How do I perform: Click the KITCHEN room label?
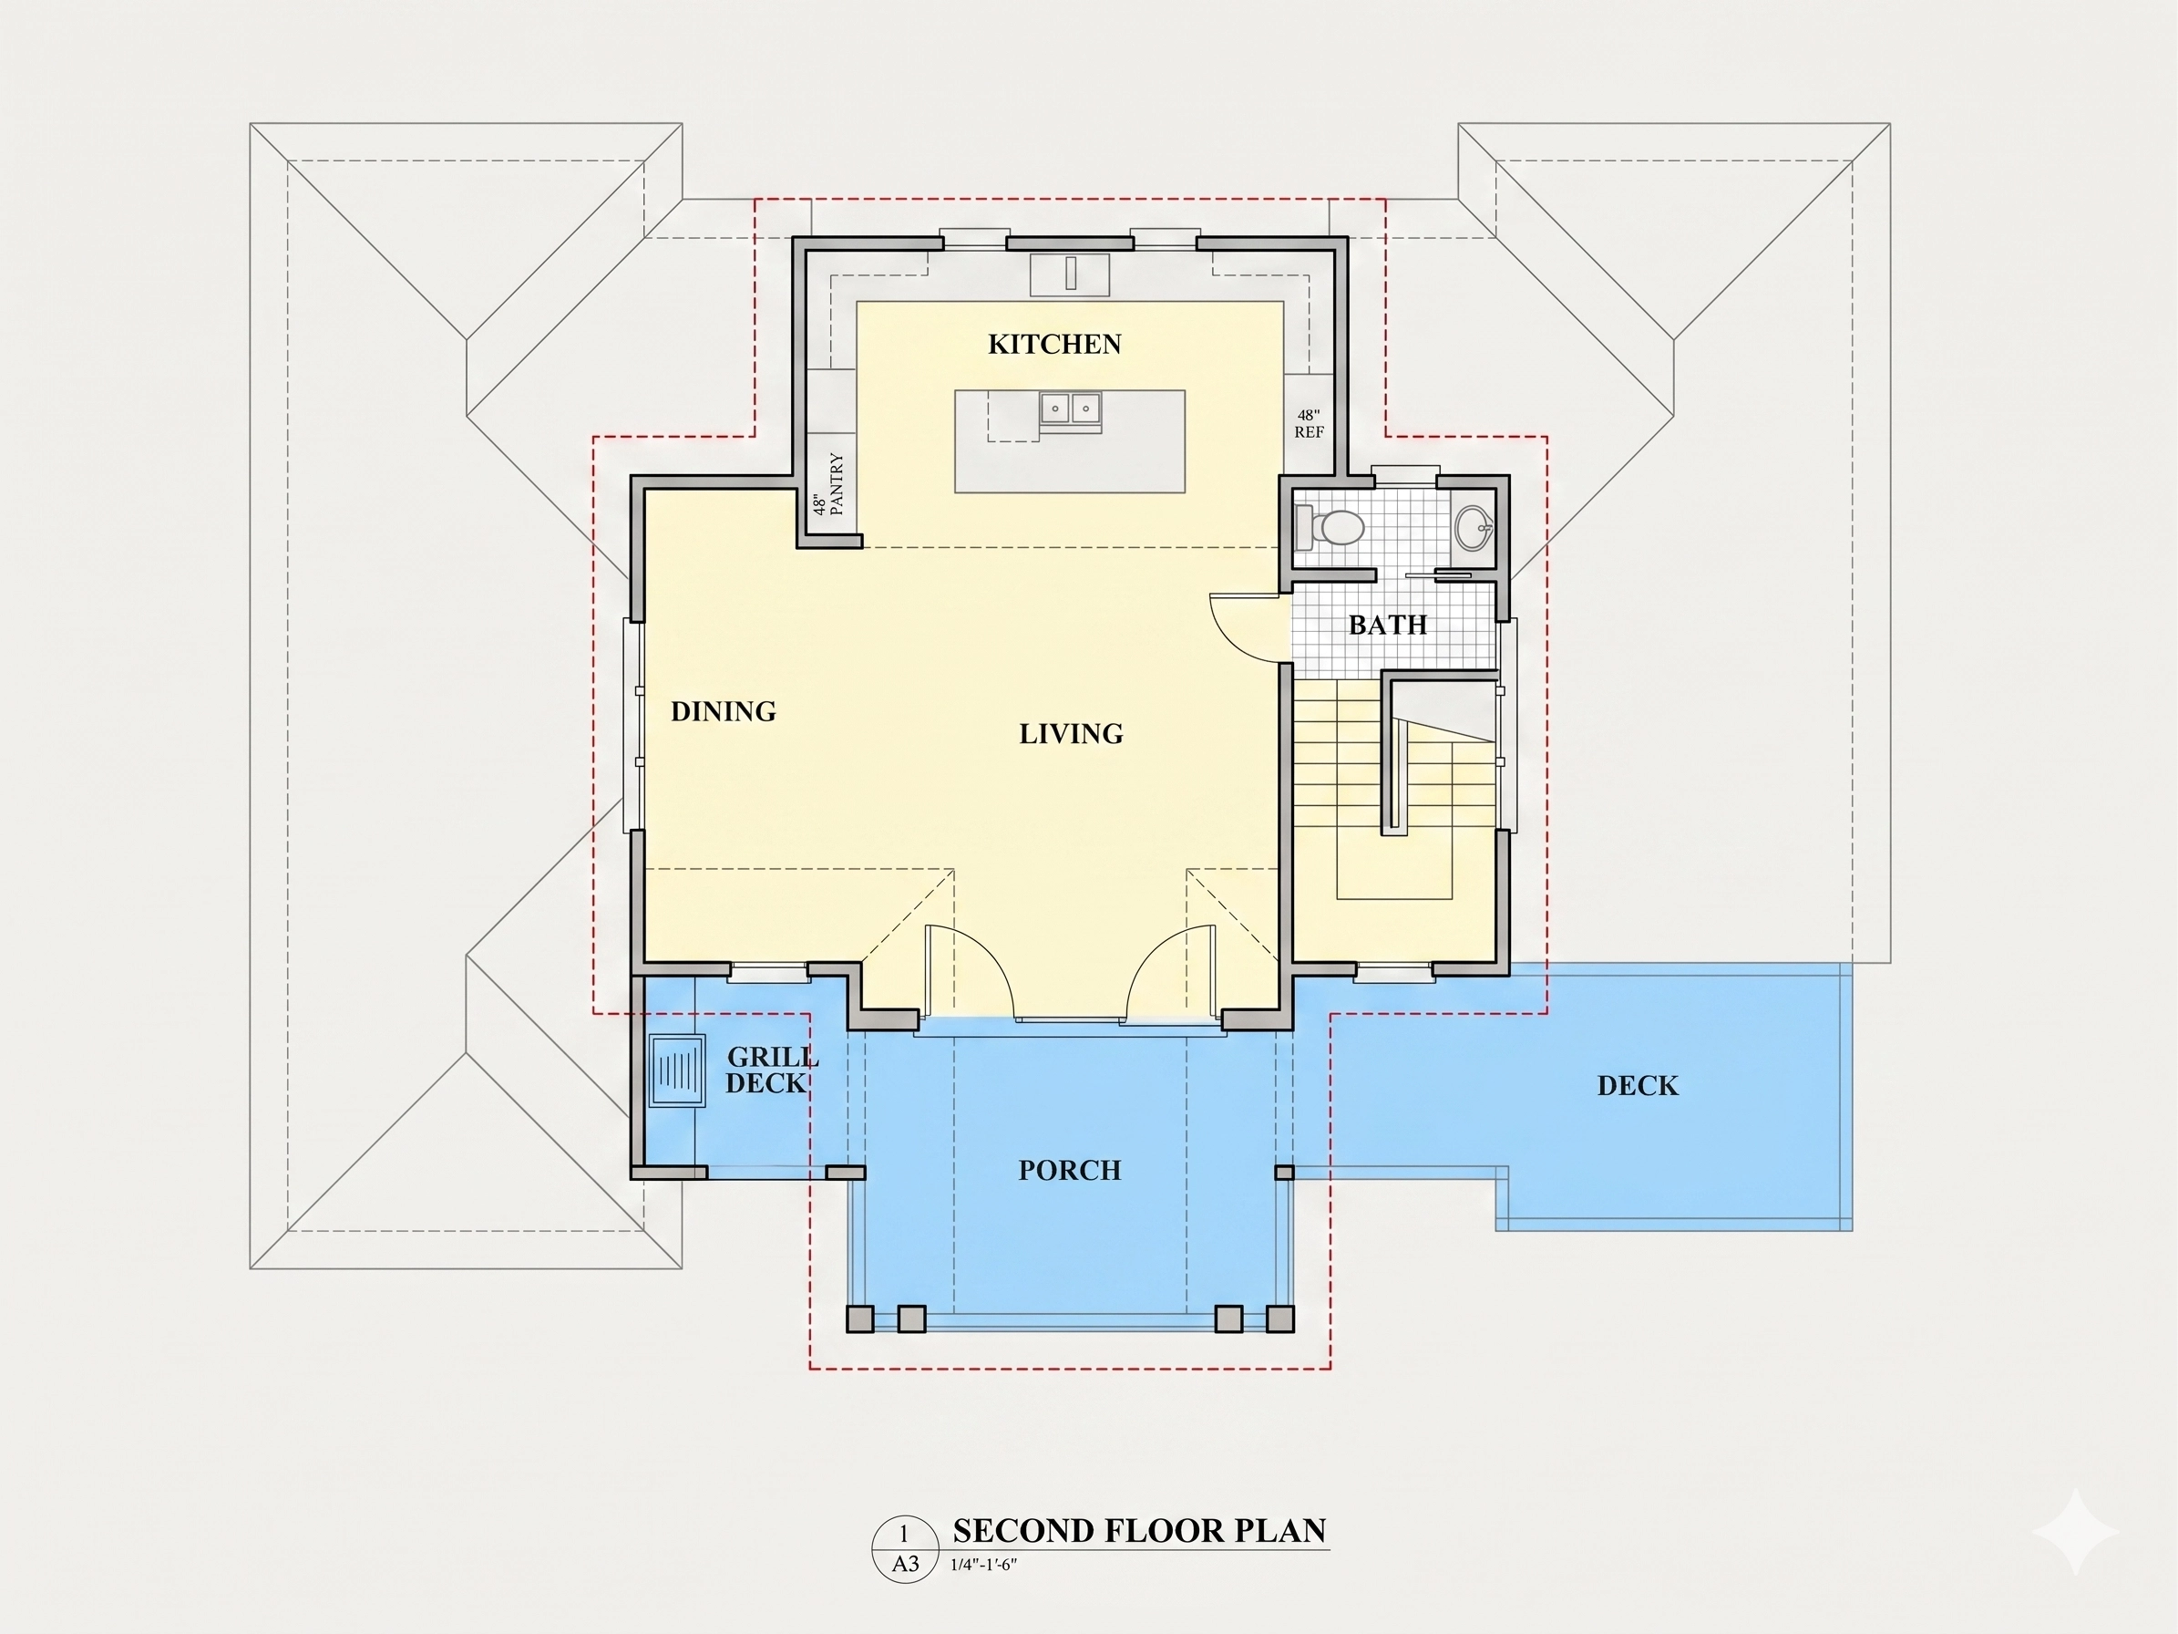tap(1054, 344)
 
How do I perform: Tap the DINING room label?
tap(724, 711)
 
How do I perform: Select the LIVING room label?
tap(1072, 734)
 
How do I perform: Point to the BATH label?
tap(1387, 625)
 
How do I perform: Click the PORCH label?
tap(1070, 1170)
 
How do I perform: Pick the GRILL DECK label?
tap(772, 1070)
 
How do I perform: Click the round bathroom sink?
tap(1474, 527)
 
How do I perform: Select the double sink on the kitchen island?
tap(1070, 407)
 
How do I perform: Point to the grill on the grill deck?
tap(677, 1070)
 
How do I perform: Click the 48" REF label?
tap(1309, 423)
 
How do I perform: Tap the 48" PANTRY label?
tap(828, 484)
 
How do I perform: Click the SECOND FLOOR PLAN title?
tap(1139, 1531)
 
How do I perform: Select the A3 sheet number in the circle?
tap(905, 1564)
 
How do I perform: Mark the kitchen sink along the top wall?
tap(1070, 274)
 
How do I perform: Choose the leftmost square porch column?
tap(859, 1319)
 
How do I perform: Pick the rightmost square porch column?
tap(1280, 1319)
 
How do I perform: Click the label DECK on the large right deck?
tap(1638, 1085)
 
